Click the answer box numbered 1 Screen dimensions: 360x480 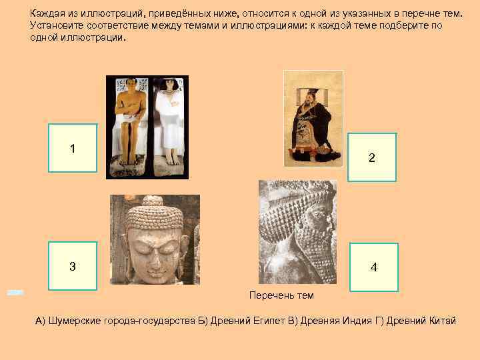click(x=73, y=148)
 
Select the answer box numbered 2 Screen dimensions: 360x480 click(x=372, y=157)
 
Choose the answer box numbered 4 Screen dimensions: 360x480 click(x=373, y=267)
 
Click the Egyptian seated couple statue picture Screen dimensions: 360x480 click(x=147, y=127)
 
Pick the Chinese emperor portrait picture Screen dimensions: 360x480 click(x=313, y=119)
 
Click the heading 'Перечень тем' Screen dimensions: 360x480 click(x=281, y=295)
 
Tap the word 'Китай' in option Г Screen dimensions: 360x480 click(x=442, y=321)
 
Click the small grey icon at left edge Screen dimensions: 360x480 click(x=15, y=292)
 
